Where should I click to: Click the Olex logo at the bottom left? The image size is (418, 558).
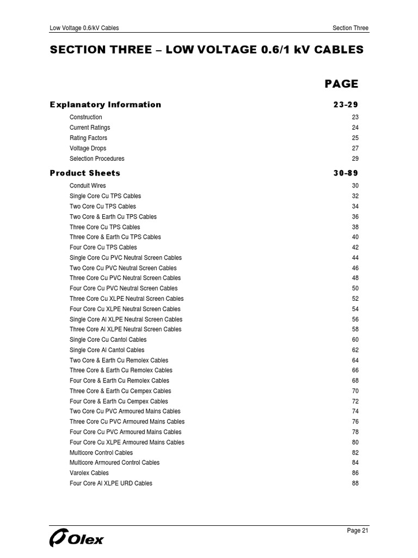[76, 539]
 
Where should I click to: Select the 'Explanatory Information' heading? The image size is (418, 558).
[106, 105]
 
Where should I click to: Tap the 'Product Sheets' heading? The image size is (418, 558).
[85, 173]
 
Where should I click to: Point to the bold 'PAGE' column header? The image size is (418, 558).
[341, 84]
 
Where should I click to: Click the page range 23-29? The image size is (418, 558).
[346, 105]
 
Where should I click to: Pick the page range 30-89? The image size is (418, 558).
[346, 173]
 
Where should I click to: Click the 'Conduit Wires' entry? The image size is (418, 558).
[88, 186]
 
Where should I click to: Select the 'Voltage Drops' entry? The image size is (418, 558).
[88, 148]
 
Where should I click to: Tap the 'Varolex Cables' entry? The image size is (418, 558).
[89, 473]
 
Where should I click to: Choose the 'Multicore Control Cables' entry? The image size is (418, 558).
[101, 453]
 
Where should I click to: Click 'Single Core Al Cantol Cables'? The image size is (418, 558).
[107, 350]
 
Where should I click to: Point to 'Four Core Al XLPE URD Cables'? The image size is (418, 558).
[111, 483]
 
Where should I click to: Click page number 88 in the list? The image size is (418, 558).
[355, 483]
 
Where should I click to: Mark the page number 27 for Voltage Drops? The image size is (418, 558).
[355, 148]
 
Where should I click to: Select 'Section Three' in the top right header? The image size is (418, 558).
[350, 28]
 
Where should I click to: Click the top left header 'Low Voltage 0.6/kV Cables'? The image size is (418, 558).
[84, 28]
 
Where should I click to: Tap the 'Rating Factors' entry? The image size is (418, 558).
[88, 138]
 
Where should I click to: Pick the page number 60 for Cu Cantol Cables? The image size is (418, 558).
[355, 339]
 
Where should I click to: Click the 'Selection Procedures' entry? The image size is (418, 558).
[97, 159]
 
